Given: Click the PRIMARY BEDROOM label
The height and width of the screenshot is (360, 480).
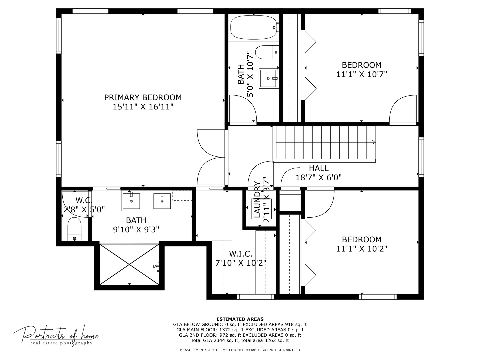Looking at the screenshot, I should click(x=143, y=97).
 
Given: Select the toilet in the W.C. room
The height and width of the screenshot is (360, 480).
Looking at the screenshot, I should click(x=74, y=229).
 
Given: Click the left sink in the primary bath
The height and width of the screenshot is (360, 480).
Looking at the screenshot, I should click(x=131, y=200).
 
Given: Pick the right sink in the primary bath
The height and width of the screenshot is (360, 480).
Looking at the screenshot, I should click(x=162, y=200).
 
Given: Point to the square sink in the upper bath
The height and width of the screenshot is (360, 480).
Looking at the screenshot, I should click(x=268, y=78).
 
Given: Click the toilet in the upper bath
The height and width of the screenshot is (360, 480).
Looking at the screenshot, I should click(x=267, y=52).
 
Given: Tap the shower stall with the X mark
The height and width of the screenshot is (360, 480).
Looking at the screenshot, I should click(x=129, y=264).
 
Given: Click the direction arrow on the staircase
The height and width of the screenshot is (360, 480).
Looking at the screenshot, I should click(x=373, y=142).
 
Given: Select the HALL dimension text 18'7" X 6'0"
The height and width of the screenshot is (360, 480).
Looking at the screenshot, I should click(x=319, y=177).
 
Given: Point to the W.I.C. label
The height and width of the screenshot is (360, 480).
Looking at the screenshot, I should click(x=240, y=254).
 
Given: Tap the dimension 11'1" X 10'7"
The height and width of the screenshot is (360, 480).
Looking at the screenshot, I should click(x=362, y=74).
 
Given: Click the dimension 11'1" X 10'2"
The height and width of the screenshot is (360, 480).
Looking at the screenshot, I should click(x=362, y=249).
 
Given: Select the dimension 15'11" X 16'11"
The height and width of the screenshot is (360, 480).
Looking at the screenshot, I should click(x=143, y=107).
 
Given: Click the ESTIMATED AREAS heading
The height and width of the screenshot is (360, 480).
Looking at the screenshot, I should click(x=240, y=319).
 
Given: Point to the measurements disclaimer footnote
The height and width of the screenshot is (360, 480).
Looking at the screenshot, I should click(x=240, y=350).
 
